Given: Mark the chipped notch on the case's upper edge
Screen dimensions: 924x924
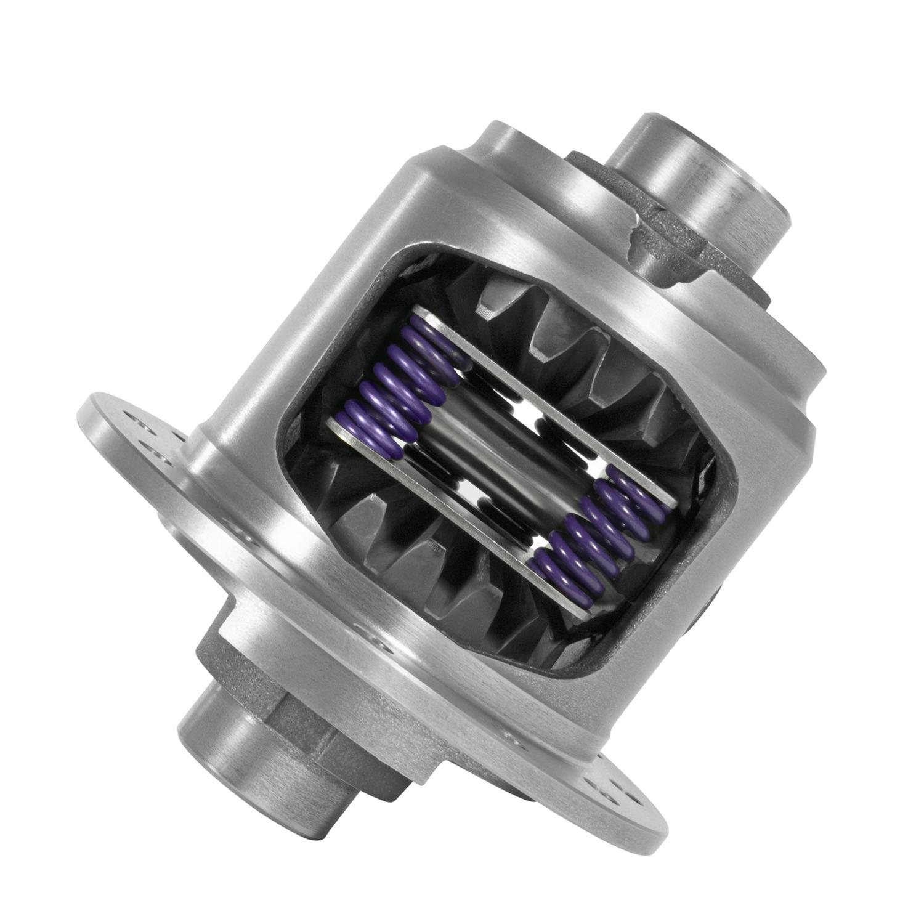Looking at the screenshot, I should click(x=634, y=234).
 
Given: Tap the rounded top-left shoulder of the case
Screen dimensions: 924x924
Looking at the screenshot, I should click(x=400, y=166).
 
